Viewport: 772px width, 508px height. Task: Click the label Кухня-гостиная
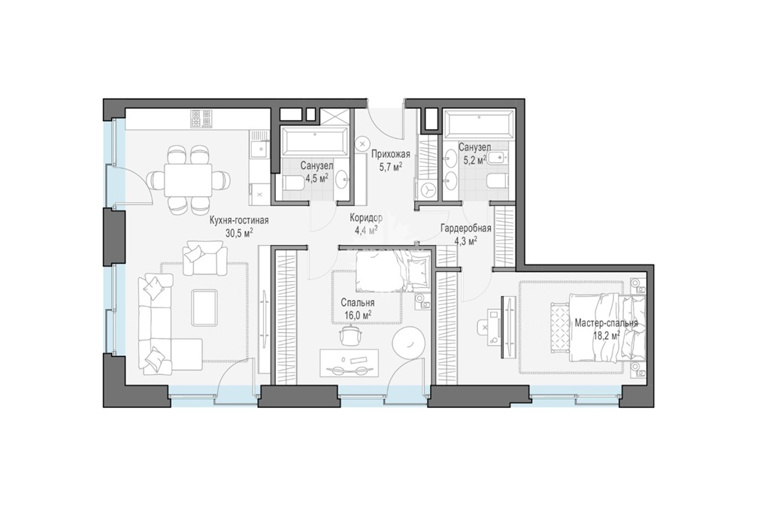(x=239, y=220)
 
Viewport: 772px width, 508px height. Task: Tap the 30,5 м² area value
(x=239, y=232)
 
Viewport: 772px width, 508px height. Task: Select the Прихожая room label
(x=391, y=154)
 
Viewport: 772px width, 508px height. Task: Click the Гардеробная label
(x=466, y=228)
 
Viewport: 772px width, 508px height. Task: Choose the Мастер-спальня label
(x=606, y=323)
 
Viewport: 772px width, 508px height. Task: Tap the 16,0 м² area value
(x=357, y=315)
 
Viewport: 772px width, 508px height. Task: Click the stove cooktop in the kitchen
(x=201, y=118)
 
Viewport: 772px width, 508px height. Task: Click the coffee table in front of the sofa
(x=204, y=307)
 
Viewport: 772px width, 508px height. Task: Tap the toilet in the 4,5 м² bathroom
(x=293, y=185)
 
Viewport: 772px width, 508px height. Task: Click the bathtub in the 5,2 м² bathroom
(x=479, y=123)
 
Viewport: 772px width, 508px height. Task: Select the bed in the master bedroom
(x=607, y=328)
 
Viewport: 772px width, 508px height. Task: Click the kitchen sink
(x=259, y=149)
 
